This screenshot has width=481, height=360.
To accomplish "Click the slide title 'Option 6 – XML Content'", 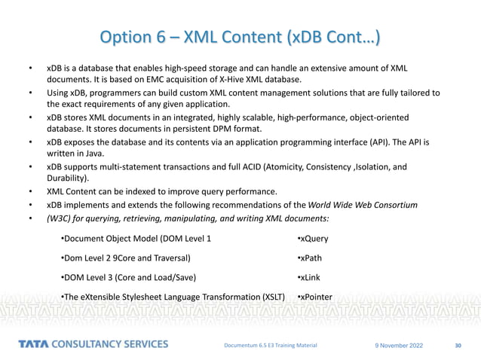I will pos(240,37).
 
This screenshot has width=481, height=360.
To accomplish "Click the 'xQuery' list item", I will pos(313,239).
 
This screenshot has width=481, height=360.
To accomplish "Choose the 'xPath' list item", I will pos(311,258).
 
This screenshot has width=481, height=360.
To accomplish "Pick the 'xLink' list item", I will pos(311,276).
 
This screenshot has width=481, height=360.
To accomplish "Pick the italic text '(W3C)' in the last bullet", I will pos(60,218).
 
